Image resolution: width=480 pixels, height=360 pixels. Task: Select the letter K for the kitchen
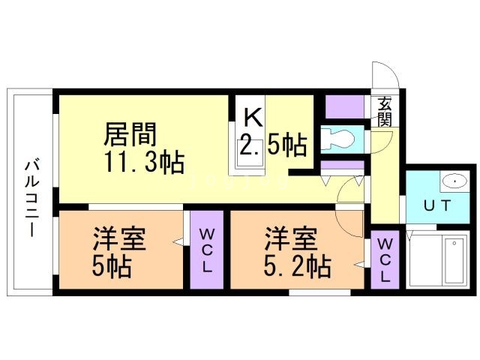coord(253,118)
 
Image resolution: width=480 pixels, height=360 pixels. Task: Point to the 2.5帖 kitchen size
coord(272,145)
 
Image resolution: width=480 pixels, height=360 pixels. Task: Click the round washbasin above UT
coord(453,181)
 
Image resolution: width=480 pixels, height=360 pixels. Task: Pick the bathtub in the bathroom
coord(454,261)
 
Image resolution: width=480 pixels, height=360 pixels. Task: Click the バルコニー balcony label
coord(31,197)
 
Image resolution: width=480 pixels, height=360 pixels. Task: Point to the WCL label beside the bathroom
coord(385,260)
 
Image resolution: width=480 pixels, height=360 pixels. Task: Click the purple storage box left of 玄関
coord(344,107)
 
